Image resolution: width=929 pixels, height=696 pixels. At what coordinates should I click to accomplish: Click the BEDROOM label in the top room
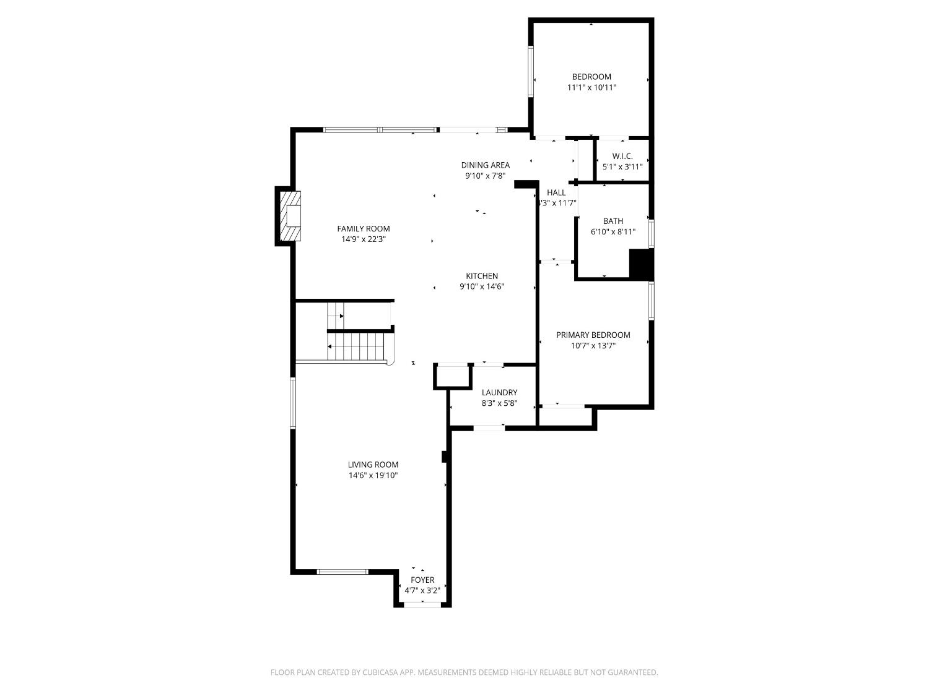(591, 77)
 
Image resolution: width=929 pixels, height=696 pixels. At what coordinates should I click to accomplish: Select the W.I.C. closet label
(622, 157)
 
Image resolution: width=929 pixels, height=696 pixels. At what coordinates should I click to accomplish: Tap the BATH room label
(613, 221)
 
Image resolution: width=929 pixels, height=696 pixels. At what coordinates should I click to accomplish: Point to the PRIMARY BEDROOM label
(593, 335)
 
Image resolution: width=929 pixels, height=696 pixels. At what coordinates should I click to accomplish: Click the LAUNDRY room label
(499, 392)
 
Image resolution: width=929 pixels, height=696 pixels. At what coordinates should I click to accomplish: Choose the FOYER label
(422, 580)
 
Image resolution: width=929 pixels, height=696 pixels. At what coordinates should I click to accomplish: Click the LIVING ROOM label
(373, 465)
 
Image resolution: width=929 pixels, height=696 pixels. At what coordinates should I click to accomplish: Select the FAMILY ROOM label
(364, 228)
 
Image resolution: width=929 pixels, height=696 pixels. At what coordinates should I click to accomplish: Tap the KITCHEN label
(482, 276)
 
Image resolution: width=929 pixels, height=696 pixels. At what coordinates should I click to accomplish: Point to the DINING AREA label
(485, 165)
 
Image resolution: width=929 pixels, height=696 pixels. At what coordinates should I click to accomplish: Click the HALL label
(556, 192)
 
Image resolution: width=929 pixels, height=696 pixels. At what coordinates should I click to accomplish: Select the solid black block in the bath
(640, 264)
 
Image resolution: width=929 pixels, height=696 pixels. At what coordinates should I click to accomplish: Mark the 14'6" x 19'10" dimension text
(373, 476)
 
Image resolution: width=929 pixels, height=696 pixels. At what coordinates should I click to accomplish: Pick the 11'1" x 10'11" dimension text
(591, 88)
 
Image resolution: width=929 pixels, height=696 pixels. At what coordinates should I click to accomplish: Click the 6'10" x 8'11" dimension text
(613, 232)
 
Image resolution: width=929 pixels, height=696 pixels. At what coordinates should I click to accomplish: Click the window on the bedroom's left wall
(531, 72)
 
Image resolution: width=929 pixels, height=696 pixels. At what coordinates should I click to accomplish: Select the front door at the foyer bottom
(422, 604)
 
